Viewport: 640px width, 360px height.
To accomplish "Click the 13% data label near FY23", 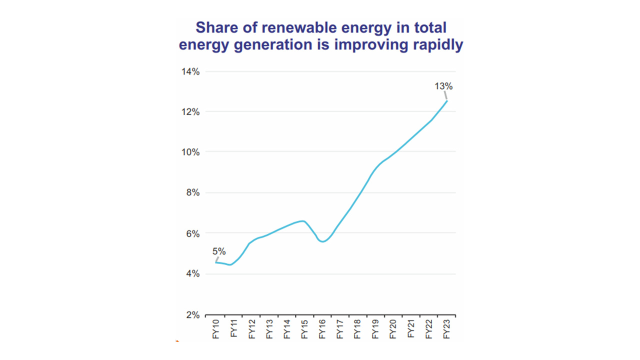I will pyautogui.click(x=443, y=86).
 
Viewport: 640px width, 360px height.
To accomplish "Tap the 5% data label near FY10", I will pyautogui.click(x=219, y=251).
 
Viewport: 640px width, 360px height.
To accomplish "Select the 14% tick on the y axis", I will pyautogui.click(x=190, y=71).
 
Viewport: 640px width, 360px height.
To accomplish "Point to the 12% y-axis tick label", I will pyautogui.click(x=190, y=112).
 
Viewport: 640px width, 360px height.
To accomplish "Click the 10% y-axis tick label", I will pyautogui.click(x=190, y=152).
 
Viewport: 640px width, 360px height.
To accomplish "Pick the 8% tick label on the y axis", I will pyautogui.click(x=192, y=193).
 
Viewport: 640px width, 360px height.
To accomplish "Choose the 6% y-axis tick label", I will pyautogui.click(x=192, y=233).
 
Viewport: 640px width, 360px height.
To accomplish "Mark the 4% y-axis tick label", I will pyautogui.click(x=192, y=274).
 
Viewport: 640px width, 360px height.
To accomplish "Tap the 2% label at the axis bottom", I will pyautogui.click(x=192, y=315).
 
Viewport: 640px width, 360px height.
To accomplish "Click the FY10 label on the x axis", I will pyautogui.click(x=216, y=330).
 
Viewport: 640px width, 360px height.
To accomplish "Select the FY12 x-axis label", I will pyautogui.click(x=251, y=330).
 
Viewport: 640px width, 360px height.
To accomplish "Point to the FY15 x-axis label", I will pyautogui.click(x=304, y=330).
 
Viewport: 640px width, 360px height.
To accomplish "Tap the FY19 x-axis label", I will pyautogui.click(x=375, y=330).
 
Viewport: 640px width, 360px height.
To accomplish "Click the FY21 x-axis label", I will pyautogui.click(x=411, y=330).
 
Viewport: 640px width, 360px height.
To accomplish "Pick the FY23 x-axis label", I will pyautogui.click(x=446, y=330).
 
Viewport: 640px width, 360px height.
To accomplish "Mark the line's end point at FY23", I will pyautogui.click(x=446, y=101).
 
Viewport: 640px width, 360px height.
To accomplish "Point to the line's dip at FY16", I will pyautogui.click(x=323, y=241).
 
